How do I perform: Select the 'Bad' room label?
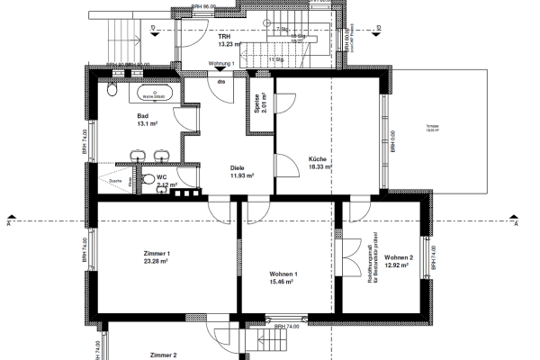click(x=142, y=116)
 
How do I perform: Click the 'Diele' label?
click(x=238, y=167)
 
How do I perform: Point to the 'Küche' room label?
click(x=317, y=158)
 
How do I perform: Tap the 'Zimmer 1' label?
click(x=156, y=254)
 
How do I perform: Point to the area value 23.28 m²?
click(x=157, y=262)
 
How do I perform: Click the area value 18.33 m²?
click(x=319, y=166)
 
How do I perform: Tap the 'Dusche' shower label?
click(x=114, y=179)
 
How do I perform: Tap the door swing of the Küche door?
click(x=286, y=166)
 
